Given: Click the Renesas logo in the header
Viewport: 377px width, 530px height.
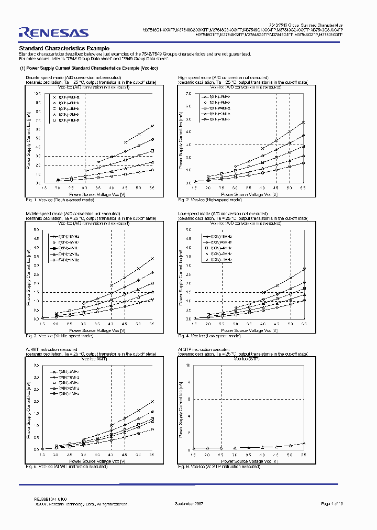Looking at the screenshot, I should (x=53, y=33).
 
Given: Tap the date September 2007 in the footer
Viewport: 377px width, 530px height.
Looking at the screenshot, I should (x=189, y=503).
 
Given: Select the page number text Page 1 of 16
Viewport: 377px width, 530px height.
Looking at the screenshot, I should (x=339, y=503).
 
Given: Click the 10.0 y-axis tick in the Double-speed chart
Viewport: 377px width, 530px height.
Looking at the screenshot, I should (x=37, y=93).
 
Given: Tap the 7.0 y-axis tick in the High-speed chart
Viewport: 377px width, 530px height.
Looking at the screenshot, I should (x=189, y=93).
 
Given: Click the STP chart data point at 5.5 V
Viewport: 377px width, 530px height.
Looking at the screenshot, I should (x=303, y=444).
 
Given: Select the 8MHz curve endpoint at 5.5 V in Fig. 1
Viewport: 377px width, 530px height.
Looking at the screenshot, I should (x=152, y=126).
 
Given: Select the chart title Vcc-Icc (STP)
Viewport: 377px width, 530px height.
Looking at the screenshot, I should (x=246, y=359).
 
